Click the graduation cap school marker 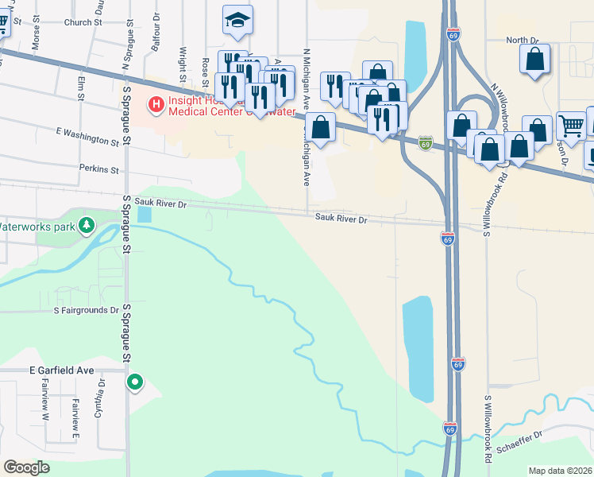[237, 20]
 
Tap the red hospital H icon [156, 103]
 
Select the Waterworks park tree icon [88, 227]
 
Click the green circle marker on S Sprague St [135, 382]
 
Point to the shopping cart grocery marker [571, 125]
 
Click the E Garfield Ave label [62, 370]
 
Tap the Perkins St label [98, 169]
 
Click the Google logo [26, 467]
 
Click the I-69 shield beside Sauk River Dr [447, 238]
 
